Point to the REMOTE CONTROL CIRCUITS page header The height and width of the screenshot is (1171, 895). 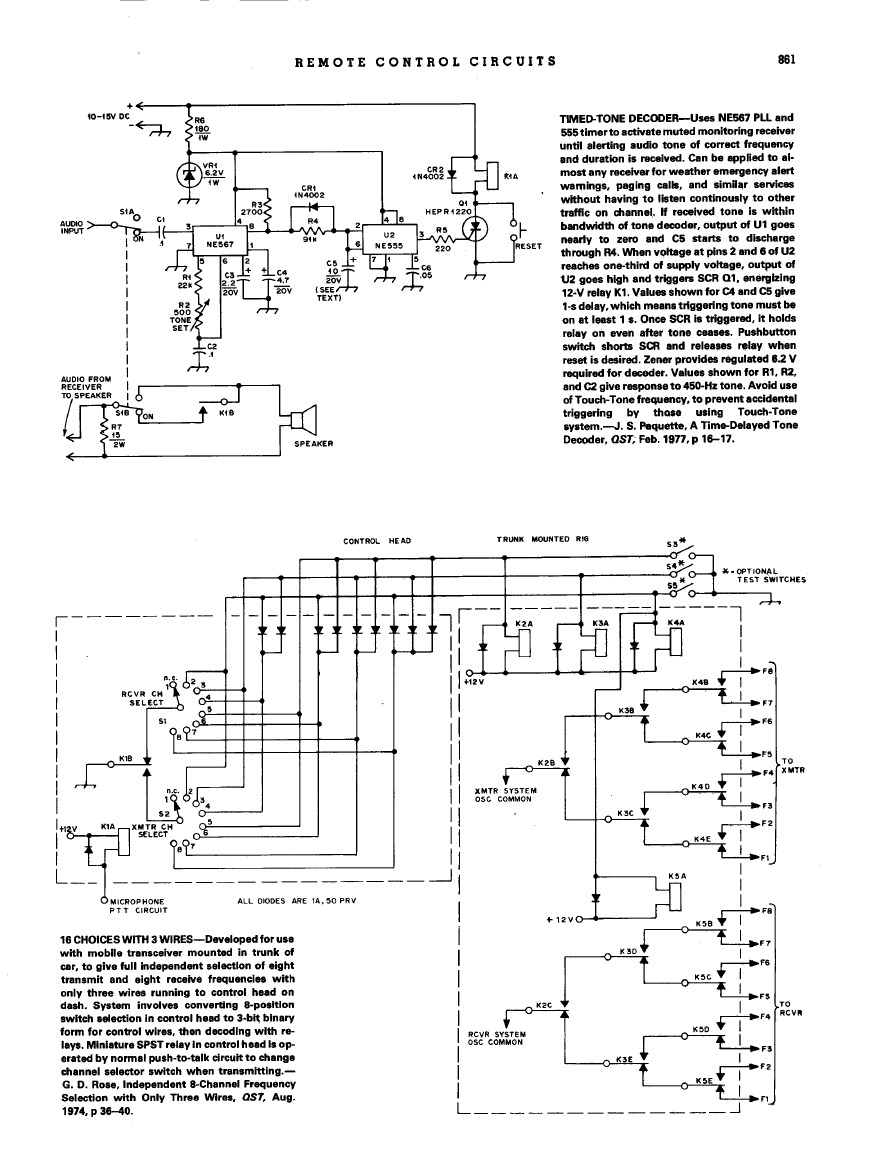click(x=426, y=61)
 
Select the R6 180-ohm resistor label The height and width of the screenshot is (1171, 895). click(x=200, y=129)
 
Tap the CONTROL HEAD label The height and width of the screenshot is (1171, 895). click(x=369, y=541)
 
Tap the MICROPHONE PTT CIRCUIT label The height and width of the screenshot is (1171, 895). click(x=136, y=906)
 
